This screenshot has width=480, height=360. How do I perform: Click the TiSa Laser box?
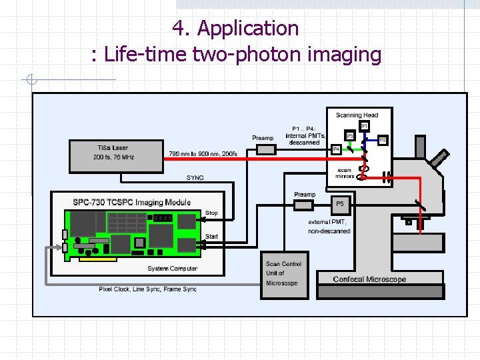117,156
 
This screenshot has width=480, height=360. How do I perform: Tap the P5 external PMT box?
339,203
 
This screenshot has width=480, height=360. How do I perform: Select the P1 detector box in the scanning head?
364,125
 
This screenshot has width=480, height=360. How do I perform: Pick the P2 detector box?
383,140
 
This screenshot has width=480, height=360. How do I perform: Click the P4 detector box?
337,149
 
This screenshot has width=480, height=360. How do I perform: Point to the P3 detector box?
349,136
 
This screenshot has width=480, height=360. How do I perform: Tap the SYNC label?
195,177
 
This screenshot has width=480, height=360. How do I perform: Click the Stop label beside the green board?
211,213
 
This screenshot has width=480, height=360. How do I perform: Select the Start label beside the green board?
211,236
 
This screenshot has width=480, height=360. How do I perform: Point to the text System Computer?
172,269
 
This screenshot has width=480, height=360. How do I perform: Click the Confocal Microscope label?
369,279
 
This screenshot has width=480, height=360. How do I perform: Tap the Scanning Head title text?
357,115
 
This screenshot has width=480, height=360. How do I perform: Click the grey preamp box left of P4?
266,149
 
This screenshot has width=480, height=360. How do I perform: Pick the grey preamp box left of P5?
303,205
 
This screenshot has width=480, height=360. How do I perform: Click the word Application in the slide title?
248,29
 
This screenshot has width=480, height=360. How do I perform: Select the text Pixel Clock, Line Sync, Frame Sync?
147,289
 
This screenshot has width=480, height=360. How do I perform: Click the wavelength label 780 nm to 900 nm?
203,153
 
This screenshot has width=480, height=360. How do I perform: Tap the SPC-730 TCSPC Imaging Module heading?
131,202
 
